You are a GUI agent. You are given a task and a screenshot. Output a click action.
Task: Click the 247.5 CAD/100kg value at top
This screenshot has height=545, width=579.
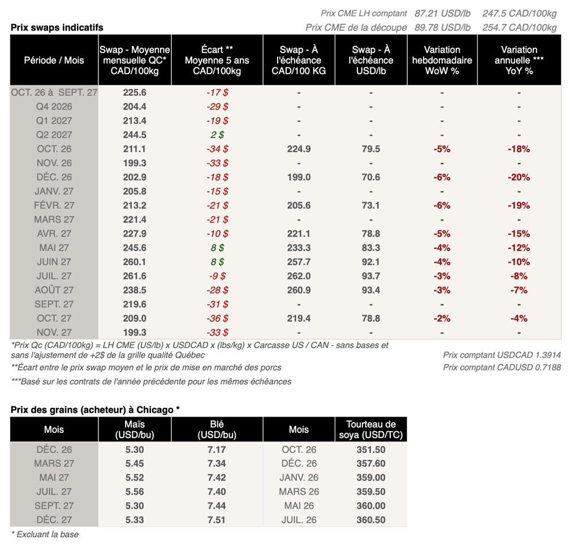pos(519,14)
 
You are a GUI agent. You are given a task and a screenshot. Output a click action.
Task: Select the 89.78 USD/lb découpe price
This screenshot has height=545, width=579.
pos(442,28)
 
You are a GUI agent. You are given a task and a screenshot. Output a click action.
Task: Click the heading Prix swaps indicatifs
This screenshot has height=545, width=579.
pos(57,27)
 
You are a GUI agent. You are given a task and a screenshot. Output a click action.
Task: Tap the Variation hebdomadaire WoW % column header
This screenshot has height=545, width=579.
pos(442,60)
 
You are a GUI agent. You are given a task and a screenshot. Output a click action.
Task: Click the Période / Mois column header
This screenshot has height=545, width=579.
pos(54,60)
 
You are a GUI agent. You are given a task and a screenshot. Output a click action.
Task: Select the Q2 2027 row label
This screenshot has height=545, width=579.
pos(54,135)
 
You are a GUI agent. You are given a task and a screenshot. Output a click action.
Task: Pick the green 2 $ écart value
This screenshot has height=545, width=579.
pos(217,135)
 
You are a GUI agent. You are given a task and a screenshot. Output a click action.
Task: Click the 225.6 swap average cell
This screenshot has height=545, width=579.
pos(135,92)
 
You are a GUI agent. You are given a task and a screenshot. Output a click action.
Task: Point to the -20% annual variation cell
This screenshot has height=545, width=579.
pos(519,177)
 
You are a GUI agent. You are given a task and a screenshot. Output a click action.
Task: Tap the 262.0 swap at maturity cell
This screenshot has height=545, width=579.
pos(299,276)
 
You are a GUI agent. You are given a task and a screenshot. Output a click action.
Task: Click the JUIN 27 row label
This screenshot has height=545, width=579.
pos(54,262)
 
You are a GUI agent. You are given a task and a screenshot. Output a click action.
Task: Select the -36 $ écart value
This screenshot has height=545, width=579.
pos(217,319)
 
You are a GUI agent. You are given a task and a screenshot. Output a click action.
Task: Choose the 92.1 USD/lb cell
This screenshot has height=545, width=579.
pos(371,262)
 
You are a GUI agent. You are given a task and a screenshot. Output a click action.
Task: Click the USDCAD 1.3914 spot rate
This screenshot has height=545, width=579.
pos(502,355)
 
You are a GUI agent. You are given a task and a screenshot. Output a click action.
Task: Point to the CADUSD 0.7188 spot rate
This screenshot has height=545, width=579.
pos(502,368)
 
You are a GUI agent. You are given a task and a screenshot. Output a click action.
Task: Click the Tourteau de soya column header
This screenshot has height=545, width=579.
pos(371,430)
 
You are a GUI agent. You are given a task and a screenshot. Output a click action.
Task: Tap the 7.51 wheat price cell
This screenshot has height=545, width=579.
pos(217,520)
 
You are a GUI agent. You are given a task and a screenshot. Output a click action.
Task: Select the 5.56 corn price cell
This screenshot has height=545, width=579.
pos(135,492)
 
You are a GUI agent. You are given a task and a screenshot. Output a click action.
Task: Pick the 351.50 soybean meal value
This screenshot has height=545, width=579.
pos(371,450)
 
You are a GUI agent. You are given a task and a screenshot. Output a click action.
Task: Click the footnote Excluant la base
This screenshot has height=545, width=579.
pos(45,535)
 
